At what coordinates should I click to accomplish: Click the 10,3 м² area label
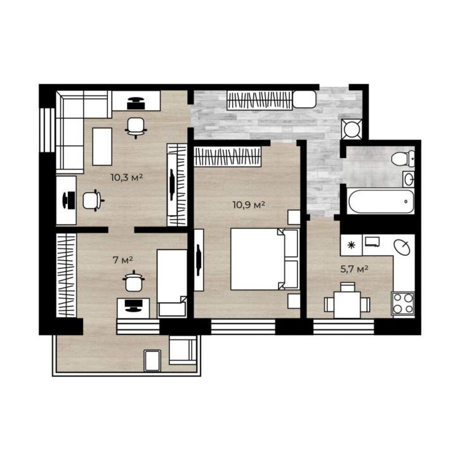(126, 178)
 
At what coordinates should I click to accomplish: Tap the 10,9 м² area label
(249, 204)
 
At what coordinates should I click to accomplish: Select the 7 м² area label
(123, 260)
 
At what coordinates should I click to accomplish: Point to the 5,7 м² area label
(355, 269)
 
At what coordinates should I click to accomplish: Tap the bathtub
(381, 202)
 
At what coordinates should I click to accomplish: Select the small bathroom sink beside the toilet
(409, 179)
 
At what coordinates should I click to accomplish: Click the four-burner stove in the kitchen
(403, 304)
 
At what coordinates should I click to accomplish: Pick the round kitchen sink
(402, 247)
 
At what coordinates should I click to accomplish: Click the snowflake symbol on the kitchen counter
(351, 245)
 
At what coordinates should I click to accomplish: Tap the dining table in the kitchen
(347, 305)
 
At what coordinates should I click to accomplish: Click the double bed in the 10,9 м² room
(265, 259)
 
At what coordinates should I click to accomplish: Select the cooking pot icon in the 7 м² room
(133, 280)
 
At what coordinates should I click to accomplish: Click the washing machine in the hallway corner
(352, 129)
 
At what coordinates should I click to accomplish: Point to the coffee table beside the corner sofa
(102, 147)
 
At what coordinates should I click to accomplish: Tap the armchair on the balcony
(183, 350)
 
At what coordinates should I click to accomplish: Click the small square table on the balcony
(152, 360)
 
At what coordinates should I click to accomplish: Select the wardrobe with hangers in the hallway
(260, 100)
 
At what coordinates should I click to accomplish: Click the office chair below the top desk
(136, 128)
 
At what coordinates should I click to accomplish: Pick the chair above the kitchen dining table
(347, 287)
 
